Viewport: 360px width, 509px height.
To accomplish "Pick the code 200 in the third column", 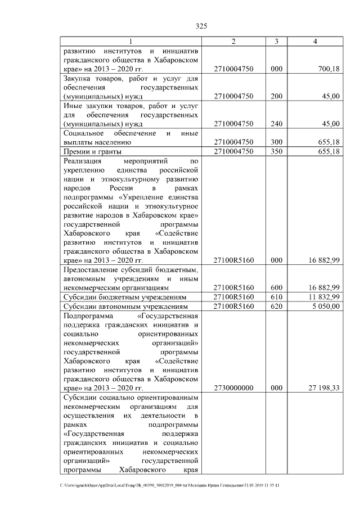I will pos(276,96).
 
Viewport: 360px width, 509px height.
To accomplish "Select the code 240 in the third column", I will pos(276,124).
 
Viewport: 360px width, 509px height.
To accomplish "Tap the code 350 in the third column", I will pos(276,151).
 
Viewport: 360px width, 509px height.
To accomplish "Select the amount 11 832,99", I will pos(323,297).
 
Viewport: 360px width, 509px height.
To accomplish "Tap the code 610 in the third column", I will pos(276,297).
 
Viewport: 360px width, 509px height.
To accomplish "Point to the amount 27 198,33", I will pos(323,388).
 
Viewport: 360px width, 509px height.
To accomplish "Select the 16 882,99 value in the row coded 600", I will pos(323,287).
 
